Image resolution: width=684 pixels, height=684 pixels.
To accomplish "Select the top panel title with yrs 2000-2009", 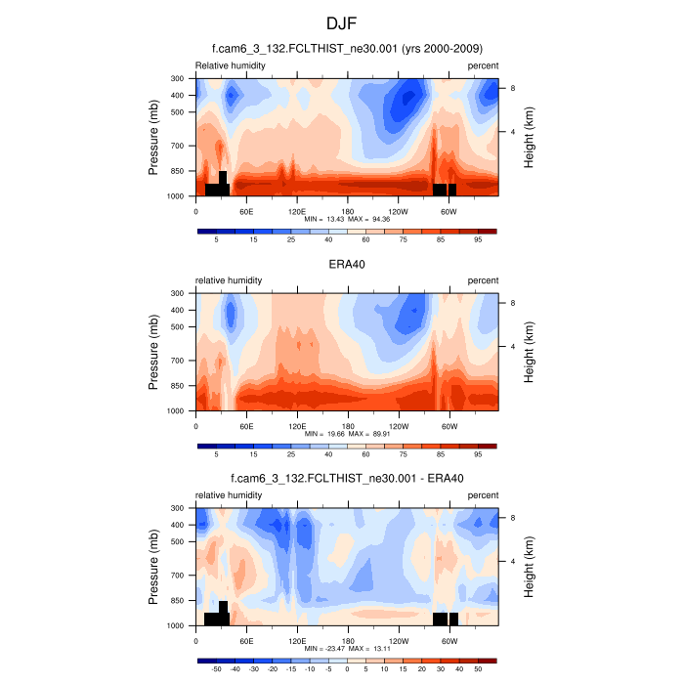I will click(x=347, y=48).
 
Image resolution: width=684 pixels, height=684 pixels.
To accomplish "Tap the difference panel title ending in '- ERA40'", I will click(x=347, y=478).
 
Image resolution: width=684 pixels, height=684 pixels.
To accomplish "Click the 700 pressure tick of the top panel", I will click(x=178, y=146).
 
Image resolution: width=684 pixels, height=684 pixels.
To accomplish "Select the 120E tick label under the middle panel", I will click(x=297, y=425).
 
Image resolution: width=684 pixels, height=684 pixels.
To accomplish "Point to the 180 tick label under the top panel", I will click(x=347, y=210).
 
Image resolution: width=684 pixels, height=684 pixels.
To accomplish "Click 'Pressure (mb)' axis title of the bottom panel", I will click(x=154, y=567).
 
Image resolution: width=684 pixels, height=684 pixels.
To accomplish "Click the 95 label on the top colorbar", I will click(x=478, y=239).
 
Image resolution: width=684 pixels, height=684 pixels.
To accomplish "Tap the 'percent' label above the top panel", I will click(x=483, y=65).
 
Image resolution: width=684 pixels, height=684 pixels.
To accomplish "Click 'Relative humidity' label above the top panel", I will click(x=231, y=65).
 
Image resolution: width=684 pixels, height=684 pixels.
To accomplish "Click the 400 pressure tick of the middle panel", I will click(x=178, y=310).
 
